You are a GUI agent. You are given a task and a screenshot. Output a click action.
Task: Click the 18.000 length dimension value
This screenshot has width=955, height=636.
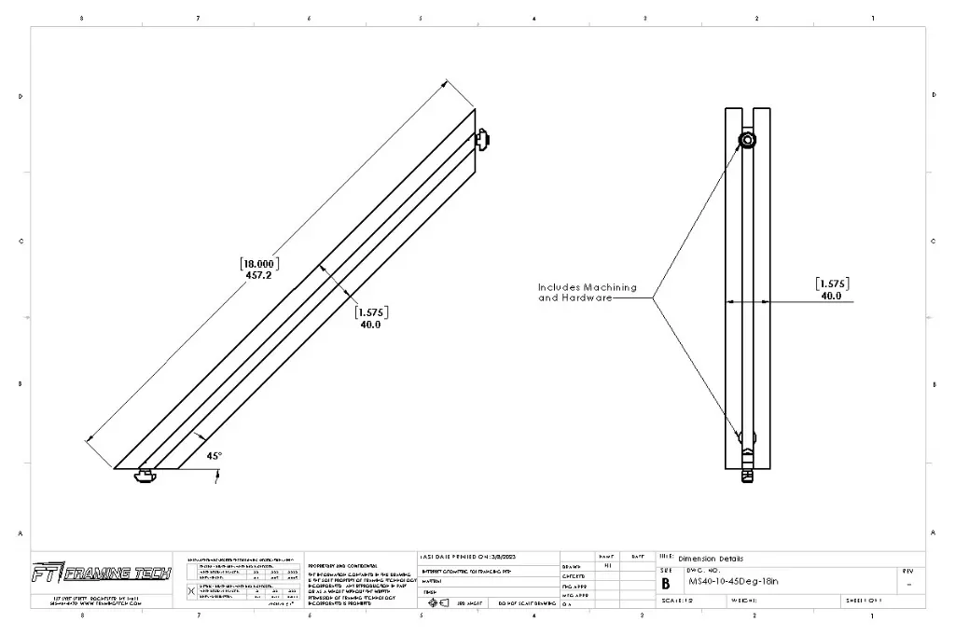[259, 263]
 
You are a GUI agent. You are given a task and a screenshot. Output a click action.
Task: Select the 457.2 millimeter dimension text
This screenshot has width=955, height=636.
[259, 275]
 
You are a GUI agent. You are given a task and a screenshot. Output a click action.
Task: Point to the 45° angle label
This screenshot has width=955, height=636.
[214, 456]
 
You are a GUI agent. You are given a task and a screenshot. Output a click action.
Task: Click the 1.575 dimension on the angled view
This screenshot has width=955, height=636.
[371, 312]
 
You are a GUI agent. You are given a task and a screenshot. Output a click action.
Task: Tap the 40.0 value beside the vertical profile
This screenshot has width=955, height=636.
[831, 296]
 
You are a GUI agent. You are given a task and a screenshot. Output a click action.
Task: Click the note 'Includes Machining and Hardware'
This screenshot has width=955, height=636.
[587, 293]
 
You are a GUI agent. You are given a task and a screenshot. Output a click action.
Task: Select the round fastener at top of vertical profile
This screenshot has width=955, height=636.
[748, 140]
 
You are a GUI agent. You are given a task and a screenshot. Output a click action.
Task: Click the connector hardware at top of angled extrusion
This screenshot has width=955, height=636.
[482, 139]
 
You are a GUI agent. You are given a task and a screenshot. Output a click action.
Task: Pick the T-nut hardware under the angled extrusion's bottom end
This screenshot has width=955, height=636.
[145, 476]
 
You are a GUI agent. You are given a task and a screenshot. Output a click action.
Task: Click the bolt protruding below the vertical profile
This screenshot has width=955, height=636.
[747, 475]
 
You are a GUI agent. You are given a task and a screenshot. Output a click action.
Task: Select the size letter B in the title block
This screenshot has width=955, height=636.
[666, 584]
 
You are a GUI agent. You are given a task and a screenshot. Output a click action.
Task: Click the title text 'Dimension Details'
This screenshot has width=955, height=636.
[711, 559]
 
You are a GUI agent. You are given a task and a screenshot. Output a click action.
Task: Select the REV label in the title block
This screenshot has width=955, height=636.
[908, 571]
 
